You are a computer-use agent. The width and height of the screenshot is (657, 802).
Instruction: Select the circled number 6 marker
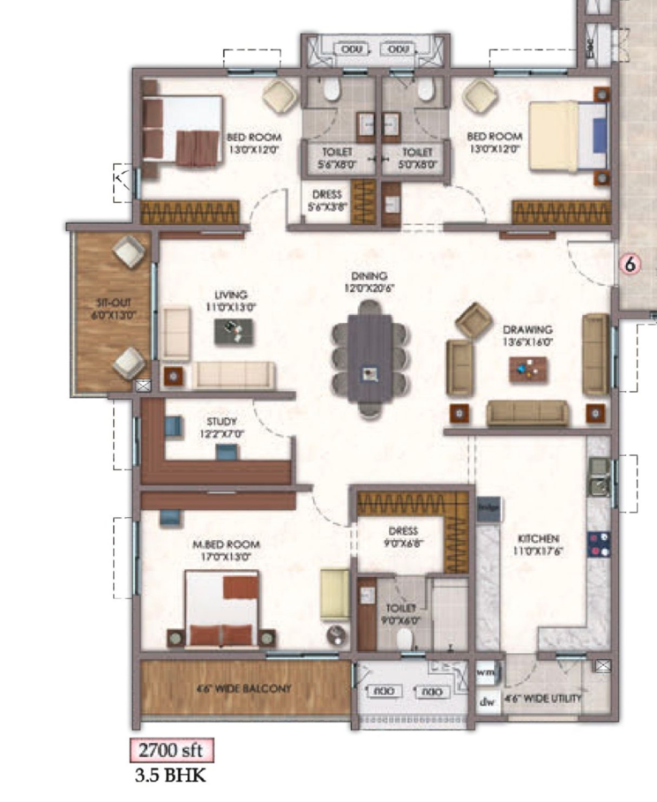click(x=630, y=263)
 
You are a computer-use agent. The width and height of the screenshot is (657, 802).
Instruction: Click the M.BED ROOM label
click(x=225, y=550)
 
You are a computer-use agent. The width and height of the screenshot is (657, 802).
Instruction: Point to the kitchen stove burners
click(x=601, y=542)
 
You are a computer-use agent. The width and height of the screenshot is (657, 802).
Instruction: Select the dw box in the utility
click(x=486, y=703)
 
